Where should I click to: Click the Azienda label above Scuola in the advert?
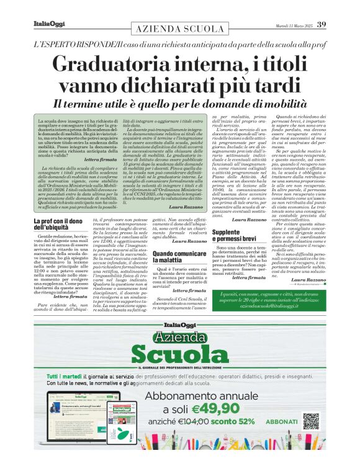tap(179, 336)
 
